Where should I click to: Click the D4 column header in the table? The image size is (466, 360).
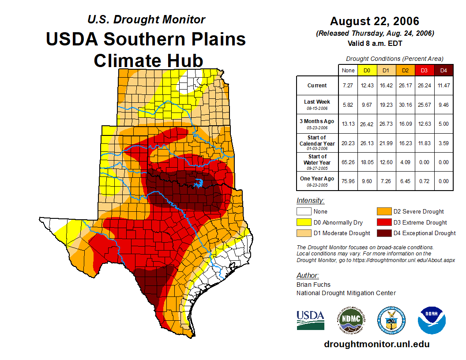(x=443, y=70)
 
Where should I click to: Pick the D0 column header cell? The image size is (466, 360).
(x=367, y=70)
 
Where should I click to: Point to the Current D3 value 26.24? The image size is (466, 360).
(x=424, y=86)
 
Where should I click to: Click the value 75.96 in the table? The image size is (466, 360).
(x=348, y=181)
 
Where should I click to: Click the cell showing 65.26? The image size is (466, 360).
(x=348, y=162)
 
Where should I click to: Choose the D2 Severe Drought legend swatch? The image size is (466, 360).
(x=383, y=211)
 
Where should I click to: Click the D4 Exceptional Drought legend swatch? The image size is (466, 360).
(x=383, y=233)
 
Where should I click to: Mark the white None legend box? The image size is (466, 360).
(x=303, y=211)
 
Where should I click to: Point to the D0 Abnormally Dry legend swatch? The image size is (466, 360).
(x=303, y=222)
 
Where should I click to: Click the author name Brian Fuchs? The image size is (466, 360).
(x=313, y=285)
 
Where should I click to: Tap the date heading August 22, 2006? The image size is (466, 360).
(x=375, y=21)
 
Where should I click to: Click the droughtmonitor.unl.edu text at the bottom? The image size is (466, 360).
(x=376, y=344)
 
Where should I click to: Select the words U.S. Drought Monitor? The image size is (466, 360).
(x=146, y=19)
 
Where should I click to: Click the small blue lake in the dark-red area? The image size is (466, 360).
(x=199, y=182)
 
